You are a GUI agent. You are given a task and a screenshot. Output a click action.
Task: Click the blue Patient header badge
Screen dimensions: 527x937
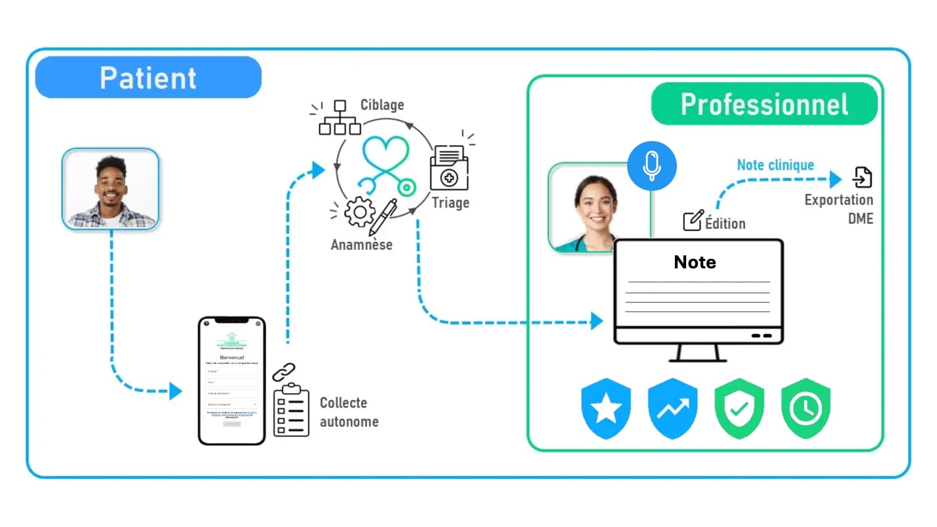point(148,78)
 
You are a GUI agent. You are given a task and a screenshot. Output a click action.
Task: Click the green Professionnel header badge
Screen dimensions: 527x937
point(764,104)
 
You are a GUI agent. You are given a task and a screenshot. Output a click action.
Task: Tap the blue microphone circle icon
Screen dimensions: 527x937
point(652,166)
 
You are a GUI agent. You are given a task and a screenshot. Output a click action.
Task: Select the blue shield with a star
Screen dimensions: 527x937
point(606,408)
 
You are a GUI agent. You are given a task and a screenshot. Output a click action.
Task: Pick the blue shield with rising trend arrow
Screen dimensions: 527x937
point(672,408)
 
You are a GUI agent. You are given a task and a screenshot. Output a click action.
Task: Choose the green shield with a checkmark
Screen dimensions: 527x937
point(739,408)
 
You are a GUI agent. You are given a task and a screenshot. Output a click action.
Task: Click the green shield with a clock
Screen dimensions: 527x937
point(806,408)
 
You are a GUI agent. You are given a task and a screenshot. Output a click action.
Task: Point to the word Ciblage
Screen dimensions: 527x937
point(382,105)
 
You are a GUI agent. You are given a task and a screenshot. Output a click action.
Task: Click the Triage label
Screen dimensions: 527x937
point(450,203)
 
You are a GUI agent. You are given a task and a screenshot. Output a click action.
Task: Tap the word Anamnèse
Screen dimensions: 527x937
point(362,244)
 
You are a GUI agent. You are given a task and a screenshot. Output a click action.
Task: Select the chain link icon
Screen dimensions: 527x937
point(284,372)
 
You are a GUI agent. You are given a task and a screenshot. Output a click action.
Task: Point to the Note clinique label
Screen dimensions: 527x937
point(775,165)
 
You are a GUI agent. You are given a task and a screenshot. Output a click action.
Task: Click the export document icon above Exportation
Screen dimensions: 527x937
point(862,177)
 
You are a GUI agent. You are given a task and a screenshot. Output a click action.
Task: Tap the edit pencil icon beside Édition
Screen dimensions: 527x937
point(693,221)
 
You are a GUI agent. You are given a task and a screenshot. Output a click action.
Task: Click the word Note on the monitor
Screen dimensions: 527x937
point(695,263)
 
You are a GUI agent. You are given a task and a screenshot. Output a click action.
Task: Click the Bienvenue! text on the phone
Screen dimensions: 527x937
point(232,358)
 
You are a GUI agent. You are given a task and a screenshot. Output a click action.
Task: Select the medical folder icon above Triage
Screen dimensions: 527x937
point(449,168)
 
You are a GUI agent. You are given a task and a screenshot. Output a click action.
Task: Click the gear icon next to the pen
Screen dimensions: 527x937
point(360,212)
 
